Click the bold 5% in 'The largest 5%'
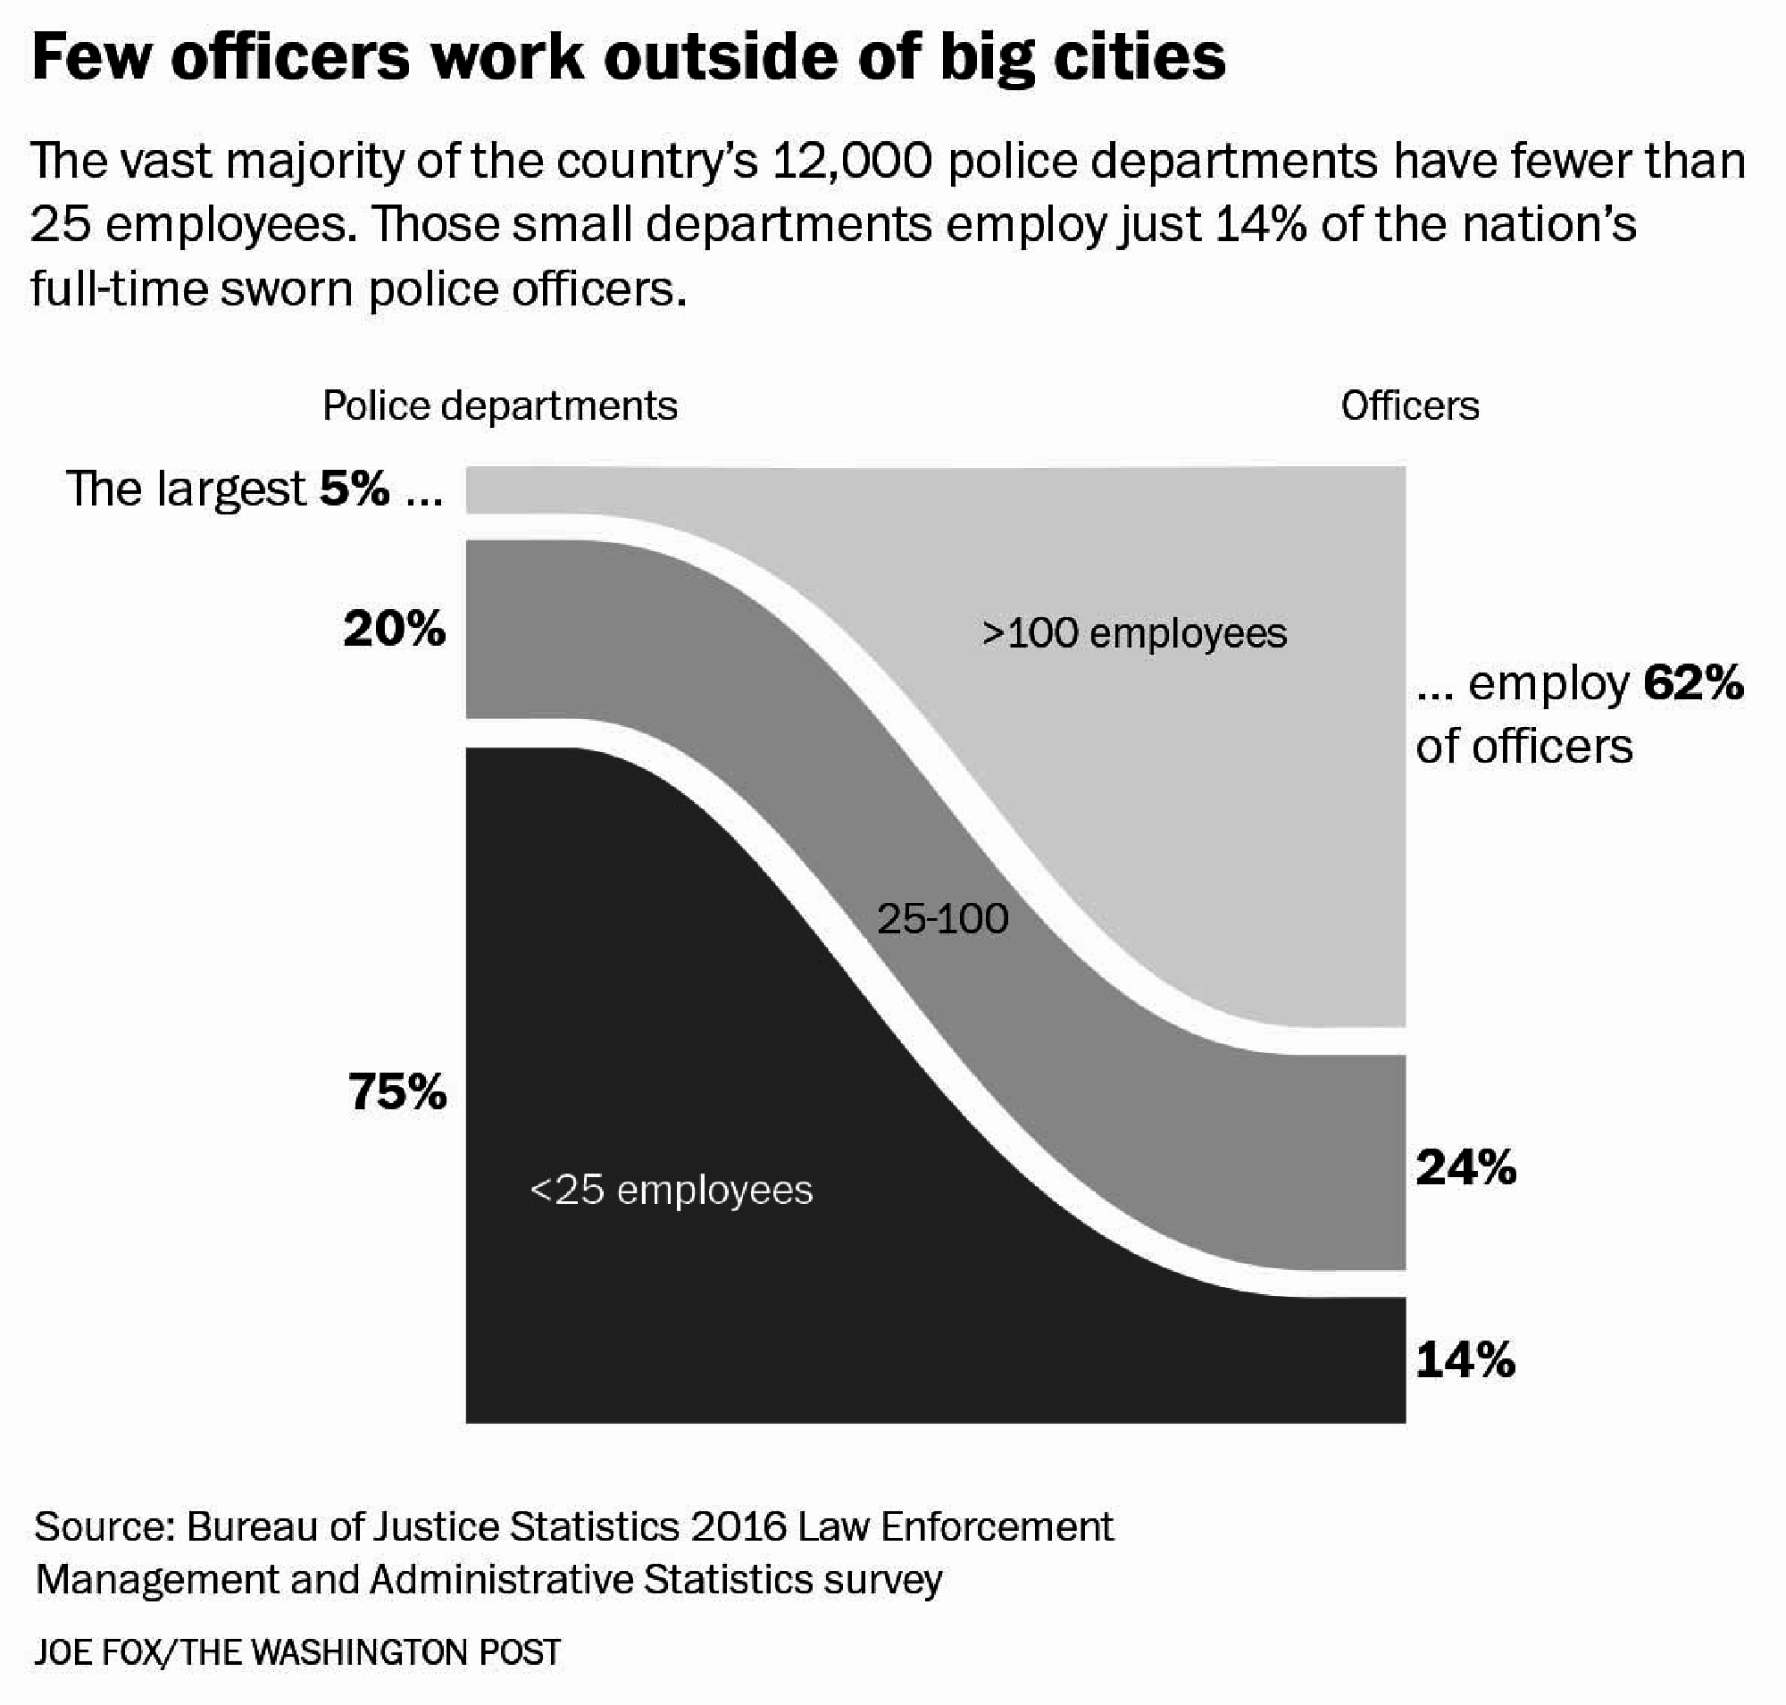click(x=355, y=489)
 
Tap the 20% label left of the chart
click(x=395, y=629)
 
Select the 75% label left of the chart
click(x=397, y=1091)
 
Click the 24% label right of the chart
click(x=1465, y=1168)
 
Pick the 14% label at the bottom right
click(x=1465, y=1360)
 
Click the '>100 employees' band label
click(x=1134, y=633)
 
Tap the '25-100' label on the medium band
click(x=942, y=920)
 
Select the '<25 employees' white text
click(x=671, y=1190)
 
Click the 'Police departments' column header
click(x=500, y=406)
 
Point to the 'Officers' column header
click(x=1409, y=406)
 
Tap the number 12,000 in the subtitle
click(x=852, y=162)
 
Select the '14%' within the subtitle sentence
click(x=1261, y=225)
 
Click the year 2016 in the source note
click(x=738, y=1528)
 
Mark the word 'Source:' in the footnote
click(x=104, y=1528)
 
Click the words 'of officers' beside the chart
click(x=1523, y=747)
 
